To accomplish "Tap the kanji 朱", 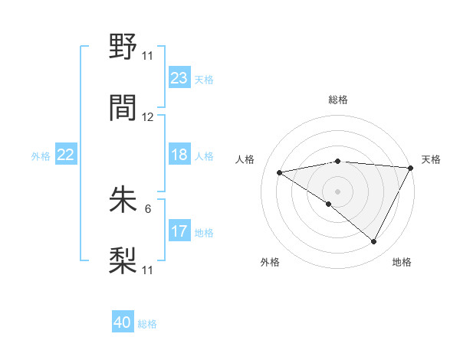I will click(x=123, y=199).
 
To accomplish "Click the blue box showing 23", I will click(x=179, y=78).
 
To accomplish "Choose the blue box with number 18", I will click(x=179, y=155).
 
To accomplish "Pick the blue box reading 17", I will click(x=179, y=231).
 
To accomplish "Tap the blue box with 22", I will click(x=66, y=155).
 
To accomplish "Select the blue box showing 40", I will click(x=123, y=323).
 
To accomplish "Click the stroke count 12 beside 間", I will click(x=148, y=117).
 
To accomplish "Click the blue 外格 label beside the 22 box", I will click(x=41, y=155).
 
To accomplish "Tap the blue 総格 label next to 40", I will click(x=147, y=324).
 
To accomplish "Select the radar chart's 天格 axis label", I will click(x=431, y=159).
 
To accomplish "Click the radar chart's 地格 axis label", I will click(x=402, y=262).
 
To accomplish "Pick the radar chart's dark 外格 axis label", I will click(x=270, y=262).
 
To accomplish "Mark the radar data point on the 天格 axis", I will click(x=411, y=168).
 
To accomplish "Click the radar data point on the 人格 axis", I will click(x=280, y=172).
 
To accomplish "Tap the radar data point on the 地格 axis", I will click(x=374, y=242).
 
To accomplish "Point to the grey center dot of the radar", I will click(x=337, y=191).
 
